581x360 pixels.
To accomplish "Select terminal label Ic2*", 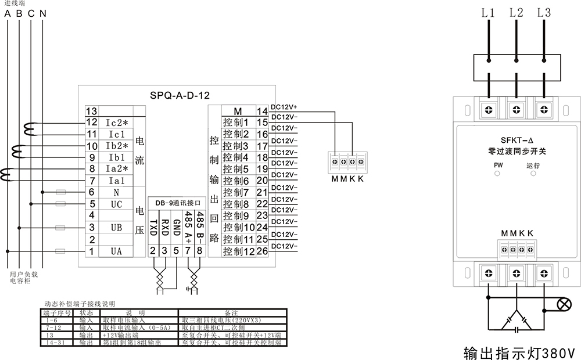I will [116, 123].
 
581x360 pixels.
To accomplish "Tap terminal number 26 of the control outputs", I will [262, 251].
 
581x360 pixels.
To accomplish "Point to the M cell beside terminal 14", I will [237, 111].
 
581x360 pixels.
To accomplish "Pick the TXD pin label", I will [153, 226].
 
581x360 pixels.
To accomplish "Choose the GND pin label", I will [177, 227].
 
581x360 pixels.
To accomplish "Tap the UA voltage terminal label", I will [116, 251].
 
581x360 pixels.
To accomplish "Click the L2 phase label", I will [517, 12].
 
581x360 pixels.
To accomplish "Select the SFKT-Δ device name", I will [517, 140].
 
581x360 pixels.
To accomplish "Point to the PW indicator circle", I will [498, 174].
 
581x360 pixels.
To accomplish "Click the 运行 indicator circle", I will [533, 174].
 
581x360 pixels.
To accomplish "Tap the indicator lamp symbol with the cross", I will [563, 304].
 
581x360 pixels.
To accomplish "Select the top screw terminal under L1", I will [489, 109].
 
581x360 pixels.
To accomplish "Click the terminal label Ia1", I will [116, 181].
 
